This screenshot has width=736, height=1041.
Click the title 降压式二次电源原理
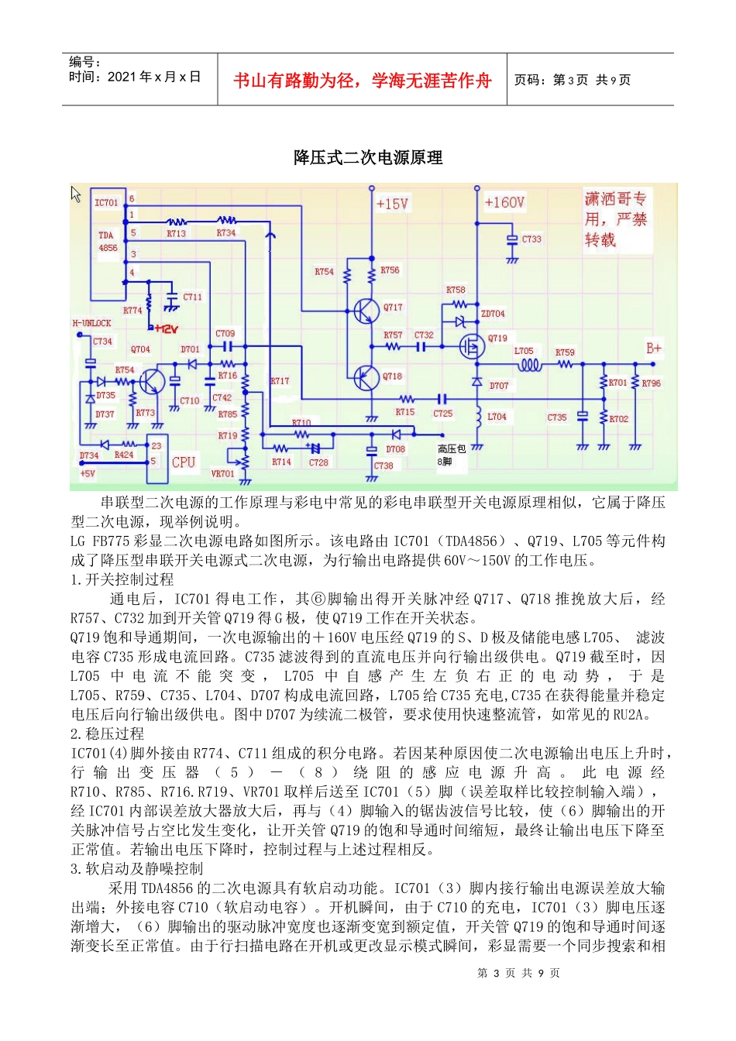(368, 158)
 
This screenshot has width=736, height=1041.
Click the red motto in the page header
(363, 81)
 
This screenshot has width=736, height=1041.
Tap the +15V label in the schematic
(392, 204)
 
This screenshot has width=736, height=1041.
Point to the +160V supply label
(504, 203)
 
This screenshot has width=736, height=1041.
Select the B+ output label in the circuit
(654, 349)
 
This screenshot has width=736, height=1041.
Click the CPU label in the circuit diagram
(184, 462)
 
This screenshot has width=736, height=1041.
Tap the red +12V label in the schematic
(167, 328)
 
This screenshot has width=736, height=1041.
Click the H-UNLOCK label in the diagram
(91, 323)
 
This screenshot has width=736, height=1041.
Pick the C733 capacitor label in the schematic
(531, 239)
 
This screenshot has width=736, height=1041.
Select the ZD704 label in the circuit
(493, 314)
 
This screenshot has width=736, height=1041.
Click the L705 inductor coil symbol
(528, 365)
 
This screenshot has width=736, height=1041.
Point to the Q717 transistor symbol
(366, 311)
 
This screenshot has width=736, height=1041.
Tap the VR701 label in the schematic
(222, 473)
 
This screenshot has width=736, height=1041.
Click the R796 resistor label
(652, 383)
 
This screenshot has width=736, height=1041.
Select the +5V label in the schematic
(87, 473)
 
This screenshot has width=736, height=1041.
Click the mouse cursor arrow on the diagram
(76, 194)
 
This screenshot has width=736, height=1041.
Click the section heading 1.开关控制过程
(122, 579)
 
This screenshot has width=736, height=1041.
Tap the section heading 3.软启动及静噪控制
(136, 868)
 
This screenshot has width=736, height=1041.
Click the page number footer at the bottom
(518, 973)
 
